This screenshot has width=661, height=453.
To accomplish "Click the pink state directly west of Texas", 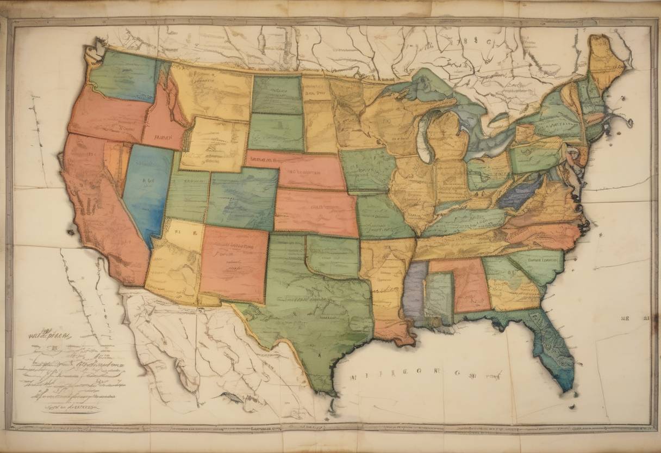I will [x=234, y=264].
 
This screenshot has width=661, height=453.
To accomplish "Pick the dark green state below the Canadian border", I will [x=277, y=94].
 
